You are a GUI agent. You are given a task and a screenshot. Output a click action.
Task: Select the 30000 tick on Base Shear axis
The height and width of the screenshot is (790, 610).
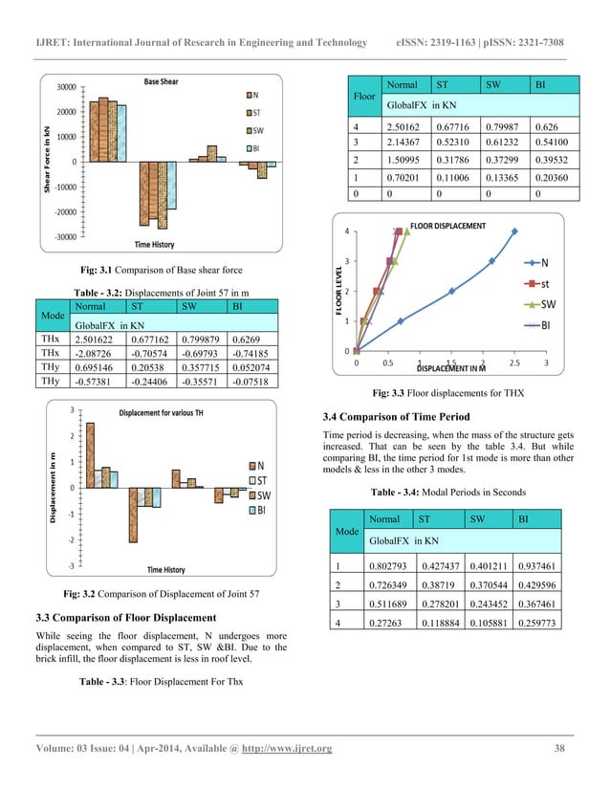coord(65,87)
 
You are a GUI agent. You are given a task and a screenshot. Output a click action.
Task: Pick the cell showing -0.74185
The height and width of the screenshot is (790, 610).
coord(254,354)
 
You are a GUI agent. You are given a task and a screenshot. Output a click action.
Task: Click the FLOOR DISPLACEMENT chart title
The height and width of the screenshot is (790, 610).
coord(447,226)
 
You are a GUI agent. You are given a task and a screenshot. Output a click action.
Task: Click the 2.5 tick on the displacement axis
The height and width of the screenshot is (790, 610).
coord(514,363)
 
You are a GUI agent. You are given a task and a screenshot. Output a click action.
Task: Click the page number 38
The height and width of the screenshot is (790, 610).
coord(559,747)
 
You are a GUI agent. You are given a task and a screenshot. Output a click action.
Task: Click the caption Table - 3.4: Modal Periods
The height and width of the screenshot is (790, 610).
coord(447,491)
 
